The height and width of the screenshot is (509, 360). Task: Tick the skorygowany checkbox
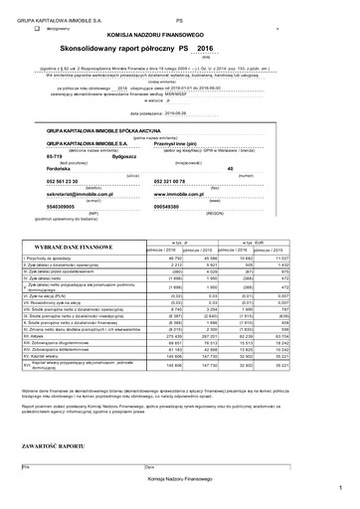tap(37, 30)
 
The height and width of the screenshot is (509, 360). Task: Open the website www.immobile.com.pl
tap(185, 195)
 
